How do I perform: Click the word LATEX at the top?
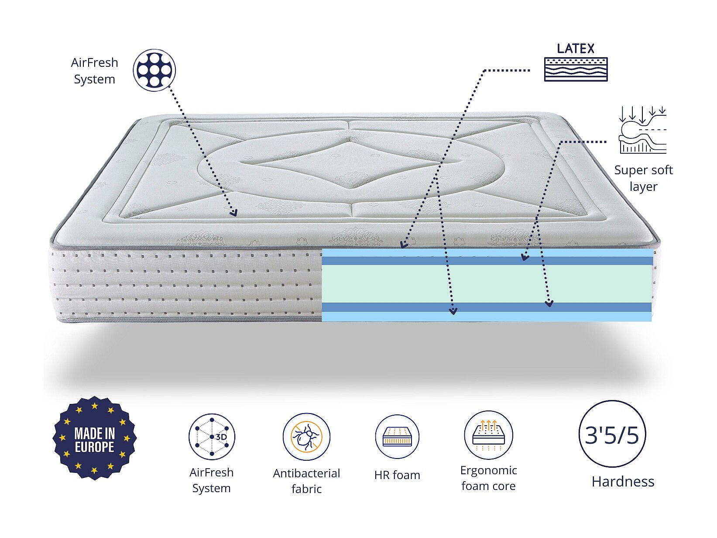(x=576, y=48)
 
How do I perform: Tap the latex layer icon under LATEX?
(x=576, y=69)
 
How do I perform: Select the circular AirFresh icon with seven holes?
(x=154, y=70)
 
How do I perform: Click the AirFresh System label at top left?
(x=94, y=71)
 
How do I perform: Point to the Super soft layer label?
(x=643, y=178)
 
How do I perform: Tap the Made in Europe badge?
(x=94, y=438)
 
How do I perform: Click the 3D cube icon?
(x=212, y=436)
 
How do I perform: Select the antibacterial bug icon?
(x=306, y=437)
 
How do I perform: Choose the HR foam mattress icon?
(x=397, y=437)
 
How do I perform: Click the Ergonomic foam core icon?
(x=488, y=435)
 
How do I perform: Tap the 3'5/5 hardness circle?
(x=612, y=435)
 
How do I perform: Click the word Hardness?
(x=623, y=482)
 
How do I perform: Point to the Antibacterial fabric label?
(x=306, y=481)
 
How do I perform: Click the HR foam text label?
(x=397, y=475)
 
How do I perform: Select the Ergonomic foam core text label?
(x=488, y=478)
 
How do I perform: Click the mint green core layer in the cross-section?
(x=487, y=284)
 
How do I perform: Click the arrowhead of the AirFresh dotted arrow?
(x=234, y=213)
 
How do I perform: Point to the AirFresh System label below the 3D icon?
(x=212, y=480)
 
